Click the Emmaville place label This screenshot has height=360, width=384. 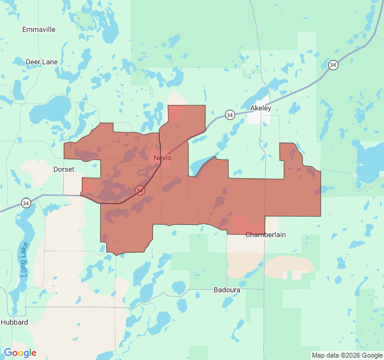coord(39,29)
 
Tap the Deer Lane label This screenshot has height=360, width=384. coord(42,62)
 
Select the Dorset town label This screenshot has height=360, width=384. coord(64,169)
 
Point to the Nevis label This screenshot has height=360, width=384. coord(162,158)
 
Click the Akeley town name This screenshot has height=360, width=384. coord(260,109)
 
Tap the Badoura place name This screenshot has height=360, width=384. coord(227,290)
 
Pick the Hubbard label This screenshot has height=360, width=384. coord(14,322)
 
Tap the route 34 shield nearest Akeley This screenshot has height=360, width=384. coord(230,114)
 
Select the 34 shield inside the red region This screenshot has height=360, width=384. coord(140,190)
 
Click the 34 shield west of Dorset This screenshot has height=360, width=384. coord(26,203)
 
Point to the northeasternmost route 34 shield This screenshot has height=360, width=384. coord(333,65)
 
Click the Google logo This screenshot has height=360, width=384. coord(20,353)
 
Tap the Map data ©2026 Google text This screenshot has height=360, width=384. coord(347,355)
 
